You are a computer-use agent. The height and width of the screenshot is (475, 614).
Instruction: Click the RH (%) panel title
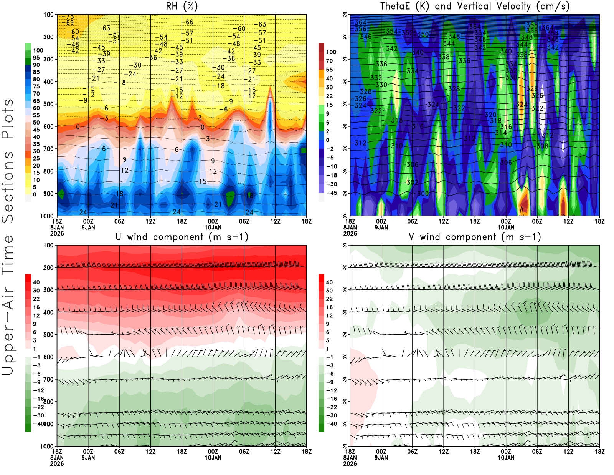(182, 6)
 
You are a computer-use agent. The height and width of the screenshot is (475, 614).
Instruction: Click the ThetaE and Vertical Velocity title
(475, 6)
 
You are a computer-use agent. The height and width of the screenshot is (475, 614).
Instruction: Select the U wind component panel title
(182, 237)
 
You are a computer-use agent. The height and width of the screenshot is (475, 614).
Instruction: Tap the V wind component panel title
(475, 237)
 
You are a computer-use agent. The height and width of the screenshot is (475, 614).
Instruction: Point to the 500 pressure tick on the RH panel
(49, 104)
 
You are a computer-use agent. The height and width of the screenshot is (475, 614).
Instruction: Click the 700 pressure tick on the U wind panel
(49, 379)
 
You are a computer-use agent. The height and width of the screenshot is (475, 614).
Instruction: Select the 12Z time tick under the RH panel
(151, 221)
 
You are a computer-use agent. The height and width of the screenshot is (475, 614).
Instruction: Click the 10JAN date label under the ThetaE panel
(506, 228)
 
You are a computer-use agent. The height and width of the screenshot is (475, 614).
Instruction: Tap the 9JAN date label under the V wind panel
(381, 458)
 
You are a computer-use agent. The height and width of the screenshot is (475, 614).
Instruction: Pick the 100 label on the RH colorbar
(38, 51)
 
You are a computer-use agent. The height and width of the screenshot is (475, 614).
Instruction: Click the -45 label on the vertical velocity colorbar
(332, 193)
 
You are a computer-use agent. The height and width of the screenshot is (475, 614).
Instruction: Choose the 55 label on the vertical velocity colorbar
(330, 70)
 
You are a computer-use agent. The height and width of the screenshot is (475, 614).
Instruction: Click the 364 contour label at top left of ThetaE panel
(361, 23)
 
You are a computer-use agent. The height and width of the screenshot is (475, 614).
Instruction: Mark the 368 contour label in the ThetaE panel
(532, 25)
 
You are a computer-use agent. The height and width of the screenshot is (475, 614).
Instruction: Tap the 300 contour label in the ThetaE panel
(423, 194)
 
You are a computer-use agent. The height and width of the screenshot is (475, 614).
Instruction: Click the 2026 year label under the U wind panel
(57, 463)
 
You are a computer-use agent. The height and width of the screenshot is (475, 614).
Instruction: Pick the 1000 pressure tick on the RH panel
(47, 216)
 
